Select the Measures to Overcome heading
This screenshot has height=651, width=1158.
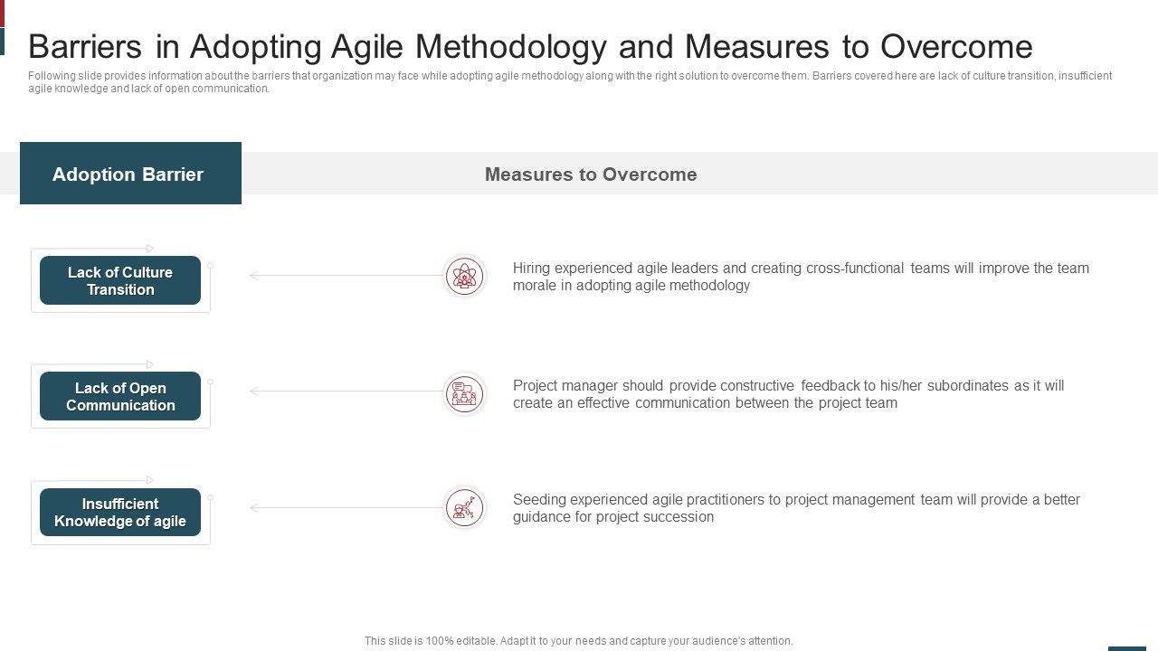pyautogui.click(x=591, y=175)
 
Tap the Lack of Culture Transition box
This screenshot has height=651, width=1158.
pyautogui.click(x=120, y=280)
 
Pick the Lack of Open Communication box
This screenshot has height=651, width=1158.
pyautogui.click(x=120, y=396)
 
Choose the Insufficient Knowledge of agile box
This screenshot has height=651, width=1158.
pyautogui.click(x=120, y=513)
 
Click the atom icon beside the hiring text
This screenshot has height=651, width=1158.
pyautogui.click(x=464, y=276)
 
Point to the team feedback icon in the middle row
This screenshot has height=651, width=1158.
pyautogui.click(x=464, y=393)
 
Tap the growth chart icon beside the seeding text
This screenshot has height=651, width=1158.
pyautogui.click(x=464, y=508)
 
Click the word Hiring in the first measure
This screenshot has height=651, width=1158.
pyautogui.click(x=532, y=269)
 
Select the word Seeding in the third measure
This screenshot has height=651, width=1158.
pyautogui.click(x=539, y=500)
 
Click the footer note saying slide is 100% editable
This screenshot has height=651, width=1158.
pyautogui.click(x=578, y=640)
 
